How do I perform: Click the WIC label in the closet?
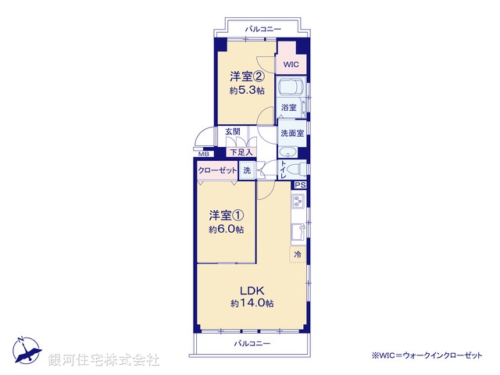[291, 64]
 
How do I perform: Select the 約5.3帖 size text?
[246, 91]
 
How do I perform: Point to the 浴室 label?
[289, 107]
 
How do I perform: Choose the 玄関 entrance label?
[233, 131]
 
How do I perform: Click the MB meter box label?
[203, 154]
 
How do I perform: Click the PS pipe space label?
[300, 185]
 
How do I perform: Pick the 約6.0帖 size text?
[226, 230]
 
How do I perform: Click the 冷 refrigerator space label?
[297, 255]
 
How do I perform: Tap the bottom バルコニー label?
[252, 344]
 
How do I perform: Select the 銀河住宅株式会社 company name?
[104, 359]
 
